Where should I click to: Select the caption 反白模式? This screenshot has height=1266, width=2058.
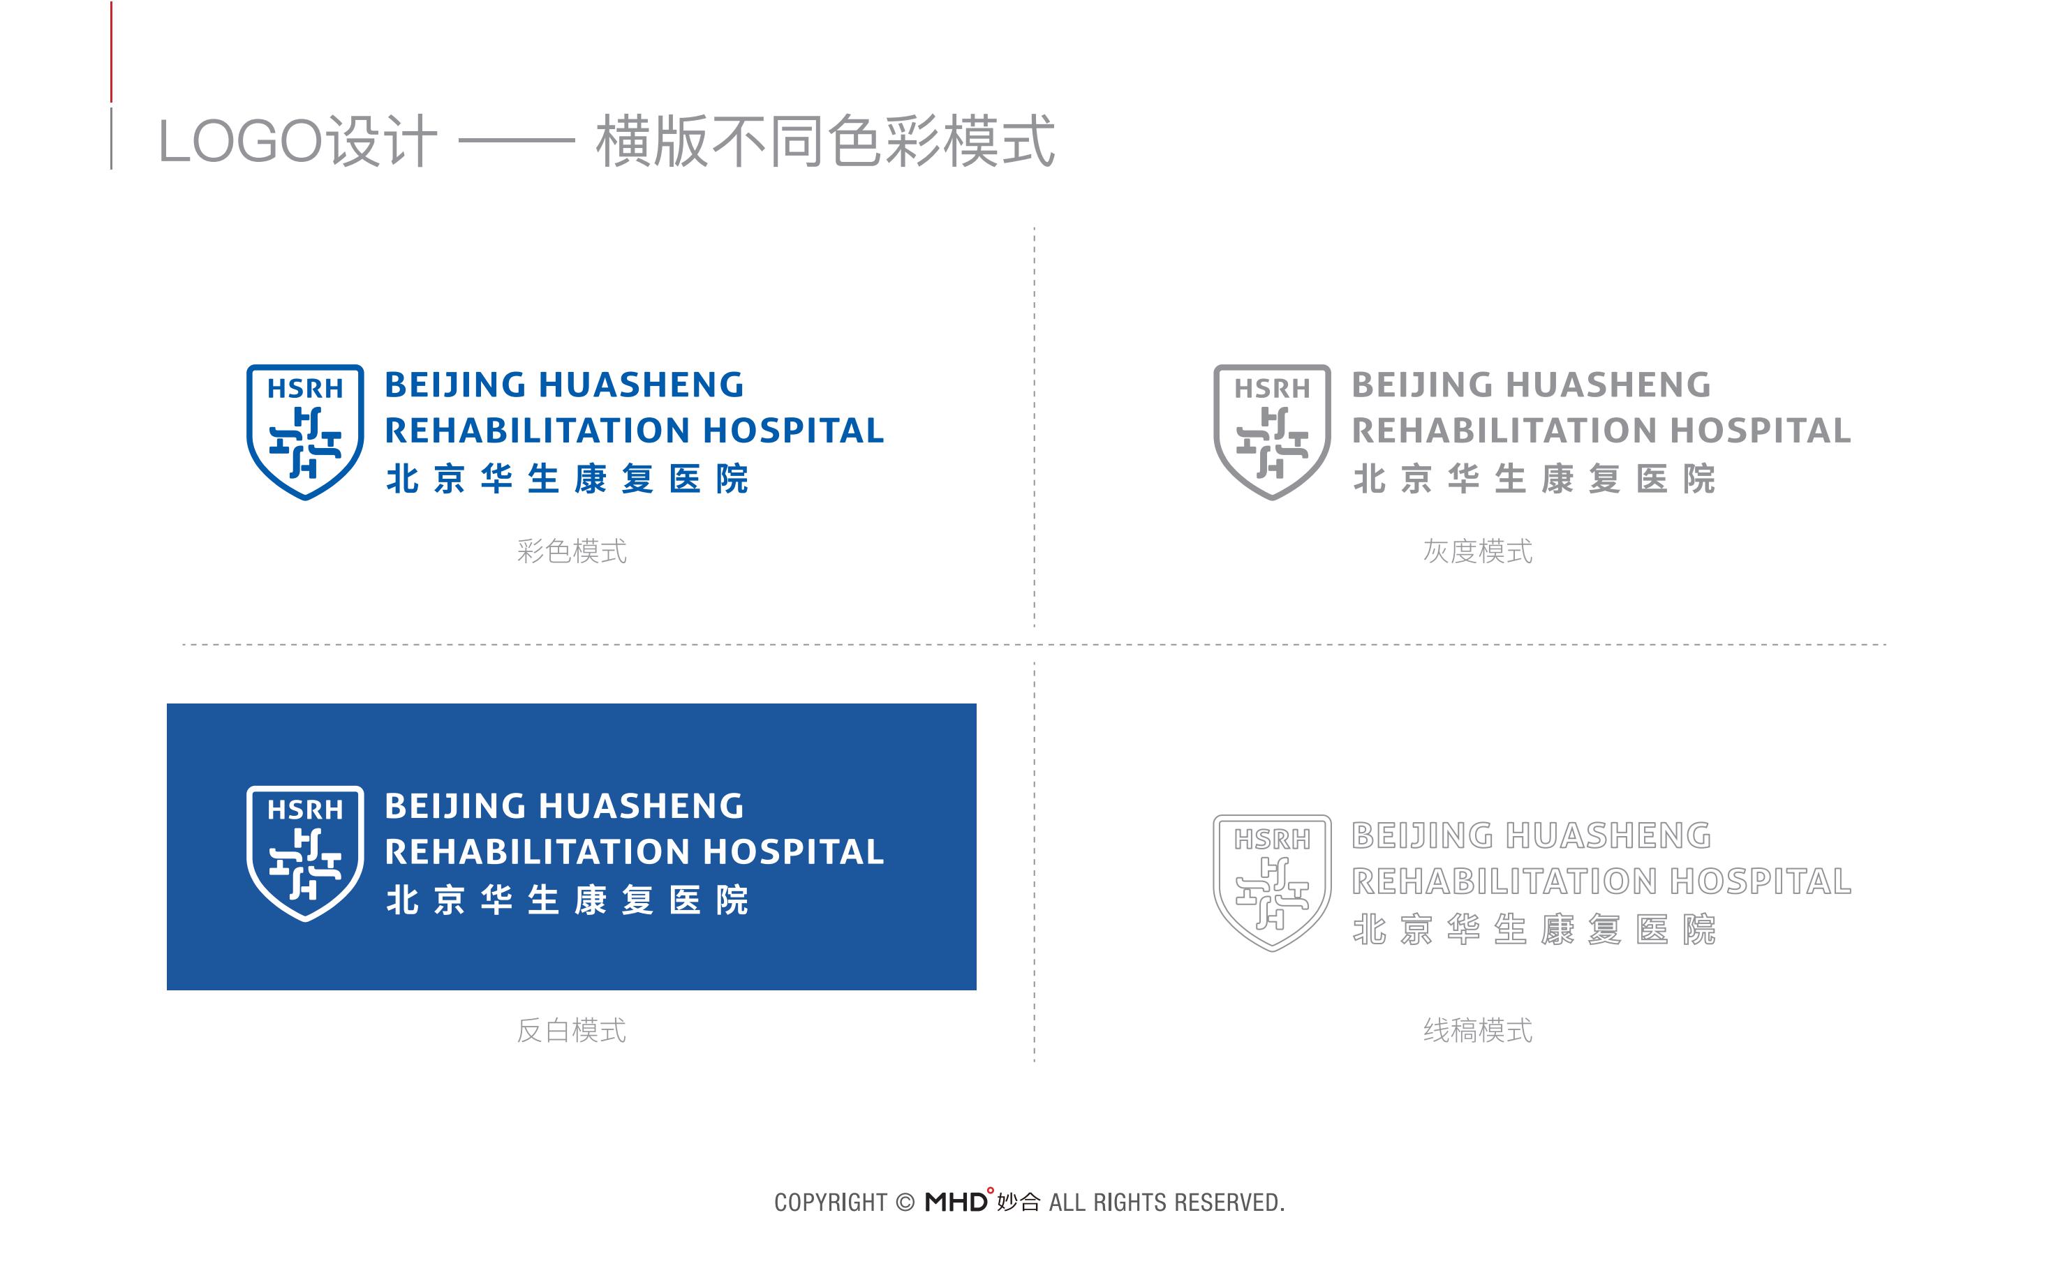(x=572, y=1031)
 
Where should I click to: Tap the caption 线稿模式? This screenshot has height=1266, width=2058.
(x=1478, y=1031)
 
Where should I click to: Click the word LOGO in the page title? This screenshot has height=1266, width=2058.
(x=240, y=142)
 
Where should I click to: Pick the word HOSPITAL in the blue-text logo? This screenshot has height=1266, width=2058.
(x=793, y=431)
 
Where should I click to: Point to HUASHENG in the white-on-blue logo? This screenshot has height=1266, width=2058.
(x=642, y=806)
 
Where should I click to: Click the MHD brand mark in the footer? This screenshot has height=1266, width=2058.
(x=956, y=1202)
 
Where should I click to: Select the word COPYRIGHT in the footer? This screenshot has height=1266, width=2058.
(x=831, y=1203)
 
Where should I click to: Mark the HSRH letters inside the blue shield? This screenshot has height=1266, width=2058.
(x=305, y=389)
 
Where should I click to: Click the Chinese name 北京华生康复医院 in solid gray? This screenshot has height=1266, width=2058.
(x=1534, y=479)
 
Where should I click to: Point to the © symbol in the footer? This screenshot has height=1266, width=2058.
(x=905, y=1203)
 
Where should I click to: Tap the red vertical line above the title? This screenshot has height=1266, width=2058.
(x=112, y=52)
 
